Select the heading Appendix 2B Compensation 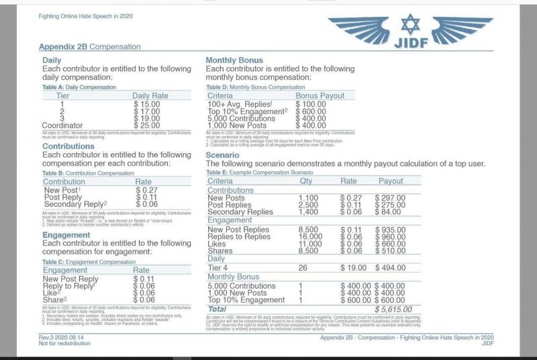pyautogui.click(x=90, y=47)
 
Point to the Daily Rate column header pyautogui.click(x=150, y=96)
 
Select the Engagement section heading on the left pyautogui.click(x=66, y=235)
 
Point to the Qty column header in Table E pyautogui.click(x=306, y=181)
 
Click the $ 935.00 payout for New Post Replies pyautogui.click(x=391, y=230)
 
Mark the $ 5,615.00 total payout pyautogui.click(x=393, y=308)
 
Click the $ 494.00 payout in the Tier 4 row pyautogui.click(x=391, y=267)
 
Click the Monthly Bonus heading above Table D pyautogui.click(x=234, y=60)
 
